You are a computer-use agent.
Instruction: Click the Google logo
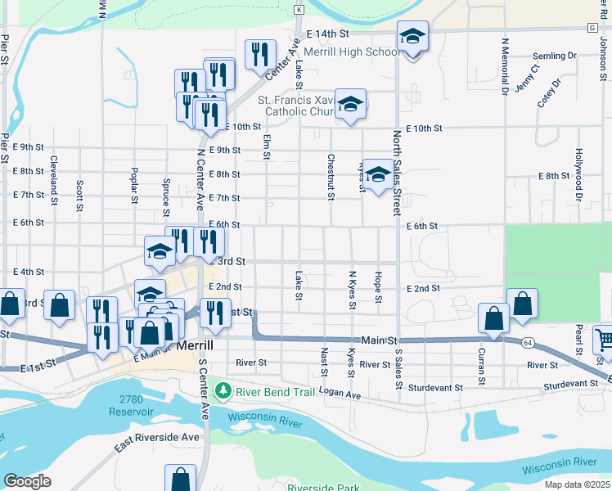tap(27, 481)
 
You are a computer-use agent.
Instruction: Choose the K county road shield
tap(299, 9)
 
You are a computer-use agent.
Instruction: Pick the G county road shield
tap(592, 27)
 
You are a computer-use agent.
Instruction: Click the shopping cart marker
tap(604, 338)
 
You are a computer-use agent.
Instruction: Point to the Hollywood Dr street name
tap(578, 174)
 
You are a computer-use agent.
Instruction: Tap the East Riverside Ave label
tap(157, 442)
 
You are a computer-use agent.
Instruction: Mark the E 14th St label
tap(327, 34)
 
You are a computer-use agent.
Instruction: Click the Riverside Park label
tap(323, 488)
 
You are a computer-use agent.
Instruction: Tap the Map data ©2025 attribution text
tap(576, 484)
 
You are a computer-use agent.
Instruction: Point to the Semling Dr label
tap(554, 56)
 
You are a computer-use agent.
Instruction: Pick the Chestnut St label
tap(331, 177)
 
